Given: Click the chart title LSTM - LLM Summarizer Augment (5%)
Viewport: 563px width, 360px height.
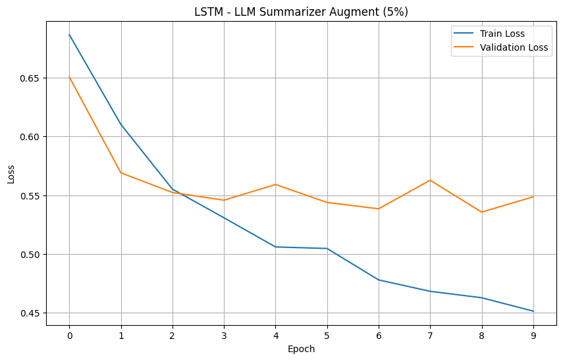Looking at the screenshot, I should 301,11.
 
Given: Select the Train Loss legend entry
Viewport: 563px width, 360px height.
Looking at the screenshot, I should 506,34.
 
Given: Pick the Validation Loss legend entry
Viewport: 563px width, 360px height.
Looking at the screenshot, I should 514,47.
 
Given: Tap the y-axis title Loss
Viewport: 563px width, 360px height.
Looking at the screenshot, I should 11,174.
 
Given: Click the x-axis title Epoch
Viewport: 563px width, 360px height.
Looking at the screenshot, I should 301,349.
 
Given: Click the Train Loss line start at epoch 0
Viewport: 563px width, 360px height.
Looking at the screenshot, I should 69,34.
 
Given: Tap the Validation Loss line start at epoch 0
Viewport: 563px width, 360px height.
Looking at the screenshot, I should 69,77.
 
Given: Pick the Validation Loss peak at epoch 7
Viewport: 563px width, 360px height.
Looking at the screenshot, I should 430,180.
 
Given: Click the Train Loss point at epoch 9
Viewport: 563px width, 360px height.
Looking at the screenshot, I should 533,311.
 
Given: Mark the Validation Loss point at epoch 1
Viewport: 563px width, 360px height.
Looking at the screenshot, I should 121,173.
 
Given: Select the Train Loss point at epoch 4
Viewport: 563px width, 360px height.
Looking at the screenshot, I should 275,247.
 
